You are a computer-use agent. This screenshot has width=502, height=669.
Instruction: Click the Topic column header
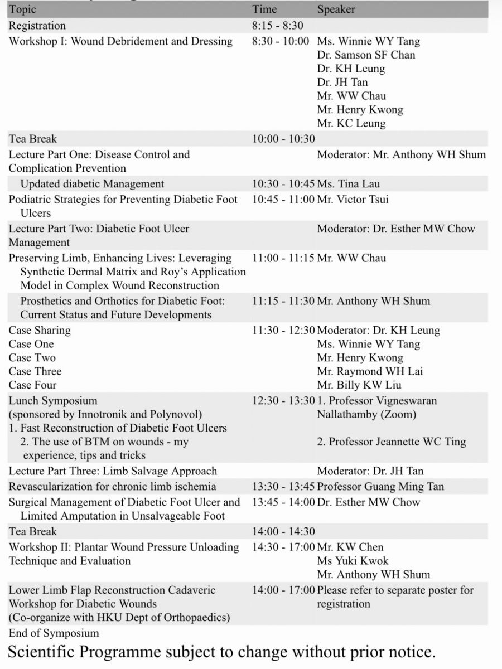(x=23, y=9)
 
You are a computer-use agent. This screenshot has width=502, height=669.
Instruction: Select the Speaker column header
(x=336, y=9)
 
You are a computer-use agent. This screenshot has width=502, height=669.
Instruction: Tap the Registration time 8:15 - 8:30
(x=277, y=26)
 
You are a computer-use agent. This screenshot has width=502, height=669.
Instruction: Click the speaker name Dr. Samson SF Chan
(x=366, y=55)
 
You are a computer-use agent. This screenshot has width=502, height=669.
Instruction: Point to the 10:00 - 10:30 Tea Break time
(x=283, y=139)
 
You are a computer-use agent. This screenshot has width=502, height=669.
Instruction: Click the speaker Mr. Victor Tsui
(x=353, y=199)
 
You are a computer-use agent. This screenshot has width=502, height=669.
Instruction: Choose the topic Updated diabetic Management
(x=92, y=184)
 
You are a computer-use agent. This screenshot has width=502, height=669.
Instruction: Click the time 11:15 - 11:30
(x=283, y=301)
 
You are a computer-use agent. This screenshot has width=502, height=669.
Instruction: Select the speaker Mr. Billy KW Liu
(x=359, y=385)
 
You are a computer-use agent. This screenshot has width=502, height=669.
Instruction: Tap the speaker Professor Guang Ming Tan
(x=380, y=487)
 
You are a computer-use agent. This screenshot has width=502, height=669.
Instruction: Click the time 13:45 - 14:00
(x=283, y=502)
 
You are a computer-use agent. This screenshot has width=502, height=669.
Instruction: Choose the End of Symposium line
(x=54, y=633)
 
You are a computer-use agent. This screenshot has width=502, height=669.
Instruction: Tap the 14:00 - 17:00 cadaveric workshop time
(x=283, y=590)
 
